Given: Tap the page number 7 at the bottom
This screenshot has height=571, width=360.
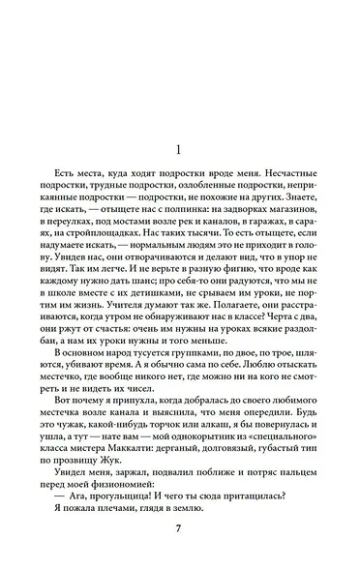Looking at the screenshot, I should (179, 527).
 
